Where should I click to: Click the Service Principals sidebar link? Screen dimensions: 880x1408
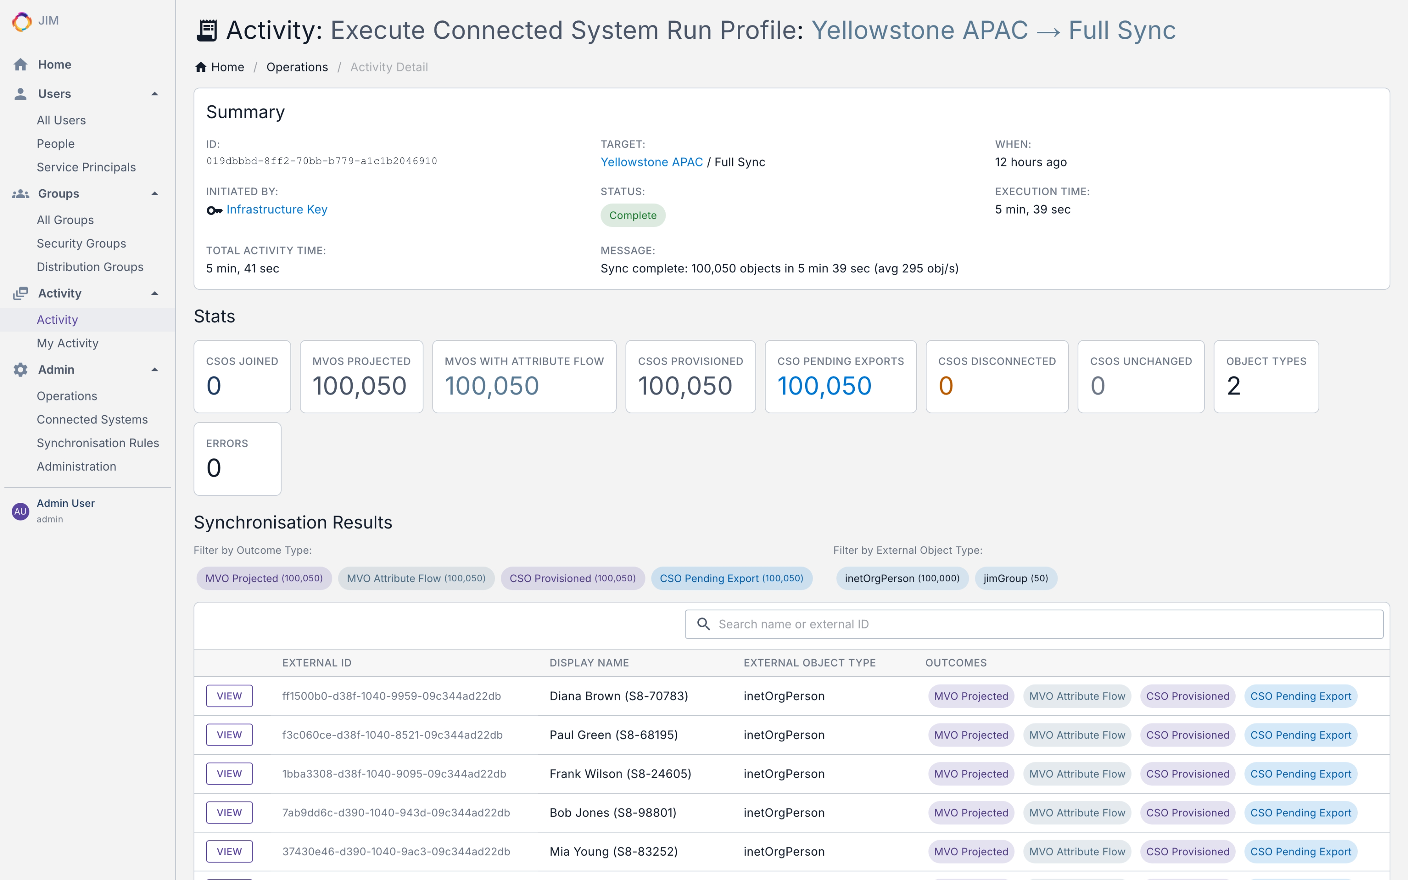click(x=86, y=167)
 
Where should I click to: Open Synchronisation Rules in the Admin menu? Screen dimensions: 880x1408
click(x=98, y=443)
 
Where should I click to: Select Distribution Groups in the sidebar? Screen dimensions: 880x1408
click(x=89, y=267)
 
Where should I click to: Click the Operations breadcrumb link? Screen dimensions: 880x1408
click(x=297, y=67)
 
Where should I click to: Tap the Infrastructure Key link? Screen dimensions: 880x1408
click(x=276, y=210)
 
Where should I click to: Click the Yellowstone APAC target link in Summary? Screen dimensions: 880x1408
click(x=651, y=162)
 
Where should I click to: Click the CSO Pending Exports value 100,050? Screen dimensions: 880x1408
click(x=824, y=386)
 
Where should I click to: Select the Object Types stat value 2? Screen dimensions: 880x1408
click(x=1233, y=386)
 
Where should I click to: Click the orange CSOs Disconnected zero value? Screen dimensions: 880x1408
click(x=945, y=386)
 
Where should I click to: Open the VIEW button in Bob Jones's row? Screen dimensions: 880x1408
click(x=229, y=812)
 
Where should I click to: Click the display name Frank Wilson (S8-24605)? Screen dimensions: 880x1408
click(x=620, y=774)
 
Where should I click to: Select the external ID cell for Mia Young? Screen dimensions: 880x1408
click(x=396, y=851)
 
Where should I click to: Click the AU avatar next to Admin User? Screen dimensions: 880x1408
click(x=20, y=511)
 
